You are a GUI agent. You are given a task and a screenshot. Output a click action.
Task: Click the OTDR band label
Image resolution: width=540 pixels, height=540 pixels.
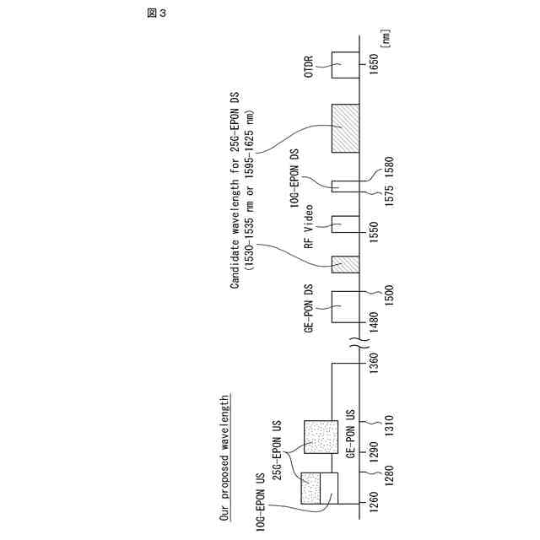pyautogui.click(x=310, y=66)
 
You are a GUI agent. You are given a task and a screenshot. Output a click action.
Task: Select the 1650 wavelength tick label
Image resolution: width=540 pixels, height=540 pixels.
pyautogui.click(x=375, y=65)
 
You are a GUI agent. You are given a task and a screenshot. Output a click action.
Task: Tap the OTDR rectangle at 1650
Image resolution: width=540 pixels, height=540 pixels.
pyautogui.click(x=344, y=65)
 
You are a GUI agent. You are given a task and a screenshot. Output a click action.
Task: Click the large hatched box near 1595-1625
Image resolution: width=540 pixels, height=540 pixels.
pyautogui.click(x=345, y=128)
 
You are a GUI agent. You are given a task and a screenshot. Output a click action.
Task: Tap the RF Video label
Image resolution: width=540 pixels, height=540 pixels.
pyautogui.click(x=309, y=227)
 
